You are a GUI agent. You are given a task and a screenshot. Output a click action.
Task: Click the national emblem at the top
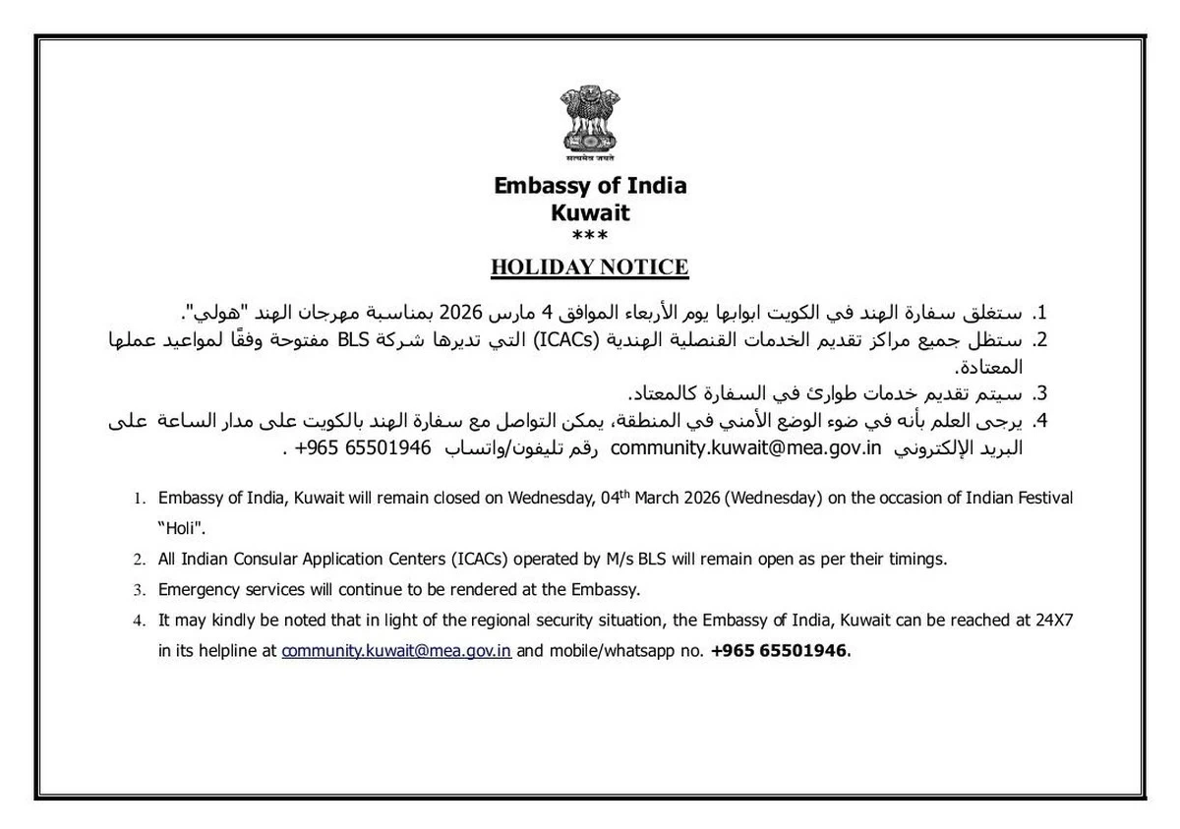coord(590,123)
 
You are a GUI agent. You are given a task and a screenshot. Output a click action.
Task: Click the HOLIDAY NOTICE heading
coord(590,267)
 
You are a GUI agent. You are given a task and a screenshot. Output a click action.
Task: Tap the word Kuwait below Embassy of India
coord(590,212)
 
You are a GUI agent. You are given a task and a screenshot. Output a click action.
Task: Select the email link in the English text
coord(396,651)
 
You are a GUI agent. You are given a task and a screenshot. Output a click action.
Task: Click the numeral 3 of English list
coord(139,591)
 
